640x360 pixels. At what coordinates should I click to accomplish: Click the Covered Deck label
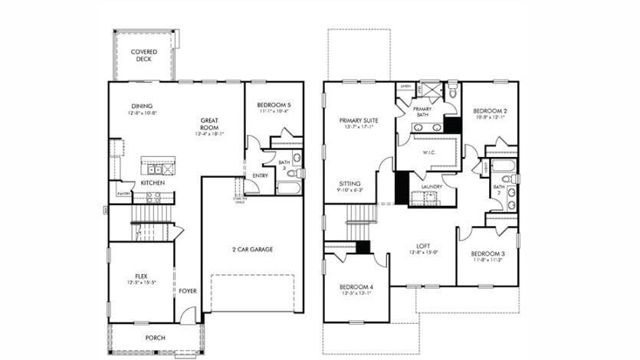click(144, 55)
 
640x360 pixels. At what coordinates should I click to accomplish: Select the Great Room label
click(210, 120)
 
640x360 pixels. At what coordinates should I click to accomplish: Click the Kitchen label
click(152, 183)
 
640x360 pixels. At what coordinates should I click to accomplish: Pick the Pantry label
click(123, 195)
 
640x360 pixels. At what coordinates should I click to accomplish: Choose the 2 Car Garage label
click(251, 250)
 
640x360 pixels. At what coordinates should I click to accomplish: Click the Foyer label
click(188, 290)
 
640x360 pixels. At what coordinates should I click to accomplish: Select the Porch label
click(156, 337)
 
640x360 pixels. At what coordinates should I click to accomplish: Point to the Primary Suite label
click(359, 120)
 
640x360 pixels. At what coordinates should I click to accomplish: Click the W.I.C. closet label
click(428, 152)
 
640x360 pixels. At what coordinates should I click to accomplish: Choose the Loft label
click(424, 245)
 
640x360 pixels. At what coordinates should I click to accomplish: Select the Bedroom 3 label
click(487, 254)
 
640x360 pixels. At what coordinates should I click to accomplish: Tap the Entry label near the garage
click(261, 175)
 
